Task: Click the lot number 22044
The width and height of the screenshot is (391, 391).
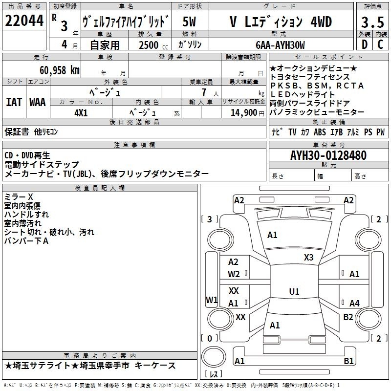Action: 24,21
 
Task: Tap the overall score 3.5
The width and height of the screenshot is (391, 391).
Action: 372,22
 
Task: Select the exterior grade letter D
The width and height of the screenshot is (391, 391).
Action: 365,44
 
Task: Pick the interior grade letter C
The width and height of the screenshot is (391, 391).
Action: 380,44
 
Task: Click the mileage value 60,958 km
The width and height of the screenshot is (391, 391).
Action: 60,70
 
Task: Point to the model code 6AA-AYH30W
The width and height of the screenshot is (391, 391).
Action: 280,45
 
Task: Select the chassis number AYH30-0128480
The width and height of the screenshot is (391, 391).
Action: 328,155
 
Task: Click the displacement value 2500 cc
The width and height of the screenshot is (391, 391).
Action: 153,45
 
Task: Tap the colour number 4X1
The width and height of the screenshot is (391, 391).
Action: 81,113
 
